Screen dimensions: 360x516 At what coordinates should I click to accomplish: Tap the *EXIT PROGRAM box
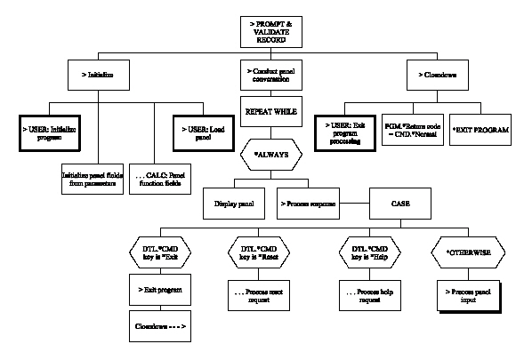pos(481,131)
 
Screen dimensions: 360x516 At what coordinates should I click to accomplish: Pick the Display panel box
pos(235,204)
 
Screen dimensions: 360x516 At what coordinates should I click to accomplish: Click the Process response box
pos(308,204)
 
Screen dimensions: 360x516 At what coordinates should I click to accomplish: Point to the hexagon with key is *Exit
pos(159,252)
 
